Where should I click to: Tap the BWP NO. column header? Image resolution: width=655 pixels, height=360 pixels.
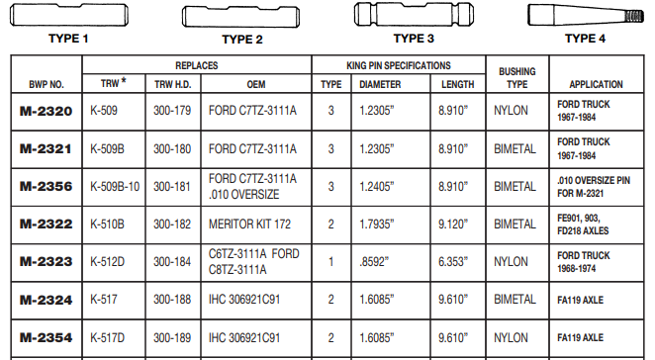(46, 84)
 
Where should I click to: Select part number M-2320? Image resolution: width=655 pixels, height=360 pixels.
(46, 112)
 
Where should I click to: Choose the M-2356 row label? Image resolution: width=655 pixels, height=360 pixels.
(46, 186)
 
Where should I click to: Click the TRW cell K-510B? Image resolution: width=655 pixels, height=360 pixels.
(108, 225)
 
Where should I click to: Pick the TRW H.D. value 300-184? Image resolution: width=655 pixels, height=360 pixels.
(173, 262)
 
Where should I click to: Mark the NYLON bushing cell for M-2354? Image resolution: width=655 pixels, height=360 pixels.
(513, 337)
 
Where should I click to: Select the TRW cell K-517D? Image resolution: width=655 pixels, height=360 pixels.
(108, 337)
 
